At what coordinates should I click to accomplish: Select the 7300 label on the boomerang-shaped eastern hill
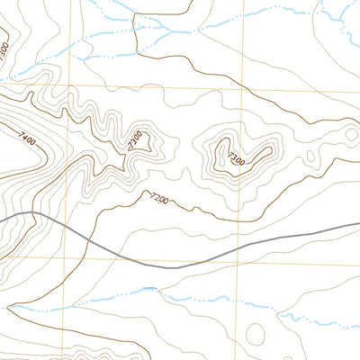pyautogui.click(x=235, y=159)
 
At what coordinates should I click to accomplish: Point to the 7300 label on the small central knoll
pyautogui.click(x=136, y=140)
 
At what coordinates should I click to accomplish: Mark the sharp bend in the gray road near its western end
pyautogui.click(x=33, y=213)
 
